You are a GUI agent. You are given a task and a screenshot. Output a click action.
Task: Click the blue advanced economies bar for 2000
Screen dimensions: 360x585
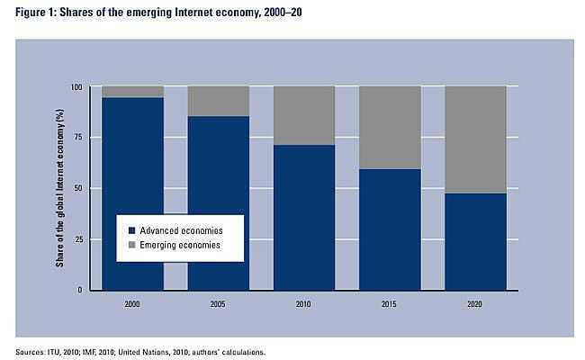pos(132,162)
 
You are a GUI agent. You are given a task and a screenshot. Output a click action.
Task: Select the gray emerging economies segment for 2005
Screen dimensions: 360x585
pos(218,101)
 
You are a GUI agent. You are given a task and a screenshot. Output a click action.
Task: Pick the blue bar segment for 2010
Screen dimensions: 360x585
pos(304,216)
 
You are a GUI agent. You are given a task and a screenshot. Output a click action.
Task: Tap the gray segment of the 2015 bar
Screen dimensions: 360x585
pos(390,127)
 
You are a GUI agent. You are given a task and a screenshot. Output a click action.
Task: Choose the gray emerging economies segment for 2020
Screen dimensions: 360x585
pos(475,139)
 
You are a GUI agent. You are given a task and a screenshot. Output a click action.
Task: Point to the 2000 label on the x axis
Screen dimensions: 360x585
pos(132,303)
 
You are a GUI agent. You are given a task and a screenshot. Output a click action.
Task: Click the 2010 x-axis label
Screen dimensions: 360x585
pos(304,303)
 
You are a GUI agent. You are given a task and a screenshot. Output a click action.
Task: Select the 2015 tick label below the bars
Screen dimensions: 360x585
pos(390,303)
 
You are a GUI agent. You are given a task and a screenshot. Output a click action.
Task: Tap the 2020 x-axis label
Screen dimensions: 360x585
pos(475,303)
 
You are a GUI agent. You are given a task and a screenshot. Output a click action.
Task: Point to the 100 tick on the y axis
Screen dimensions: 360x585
pos(76,87)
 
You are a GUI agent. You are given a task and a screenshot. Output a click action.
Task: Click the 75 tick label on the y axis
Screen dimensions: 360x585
pos(78,138)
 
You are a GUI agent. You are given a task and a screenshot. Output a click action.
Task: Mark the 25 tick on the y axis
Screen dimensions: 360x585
pos(78,239)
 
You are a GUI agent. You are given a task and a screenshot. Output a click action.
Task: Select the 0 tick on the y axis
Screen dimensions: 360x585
pos(81,290)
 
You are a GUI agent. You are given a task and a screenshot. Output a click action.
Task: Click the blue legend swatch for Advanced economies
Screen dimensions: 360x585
pos(130,229)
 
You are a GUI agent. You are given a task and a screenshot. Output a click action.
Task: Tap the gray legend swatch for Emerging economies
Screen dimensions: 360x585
pos(130,244)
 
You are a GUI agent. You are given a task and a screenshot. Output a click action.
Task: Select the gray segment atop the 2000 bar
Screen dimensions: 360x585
pos(132,91)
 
